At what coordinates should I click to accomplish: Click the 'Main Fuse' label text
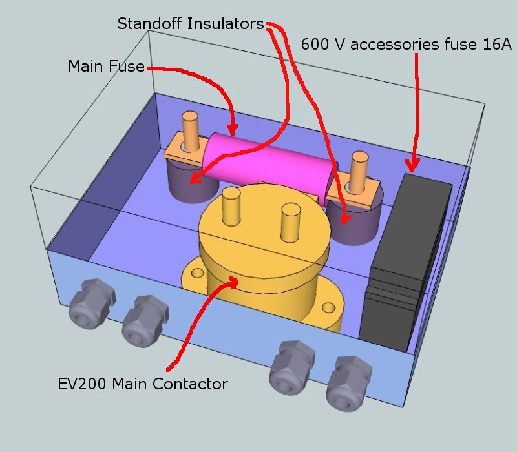point(106,67)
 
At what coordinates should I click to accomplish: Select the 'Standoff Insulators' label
point(191,25)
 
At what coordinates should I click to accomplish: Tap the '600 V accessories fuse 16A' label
point(406,45)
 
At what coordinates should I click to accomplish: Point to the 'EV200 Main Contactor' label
point(142,384)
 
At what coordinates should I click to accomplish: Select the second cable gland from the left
point(143,320)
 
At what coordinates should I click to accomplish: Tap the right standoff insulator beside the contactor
point(352,223)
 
